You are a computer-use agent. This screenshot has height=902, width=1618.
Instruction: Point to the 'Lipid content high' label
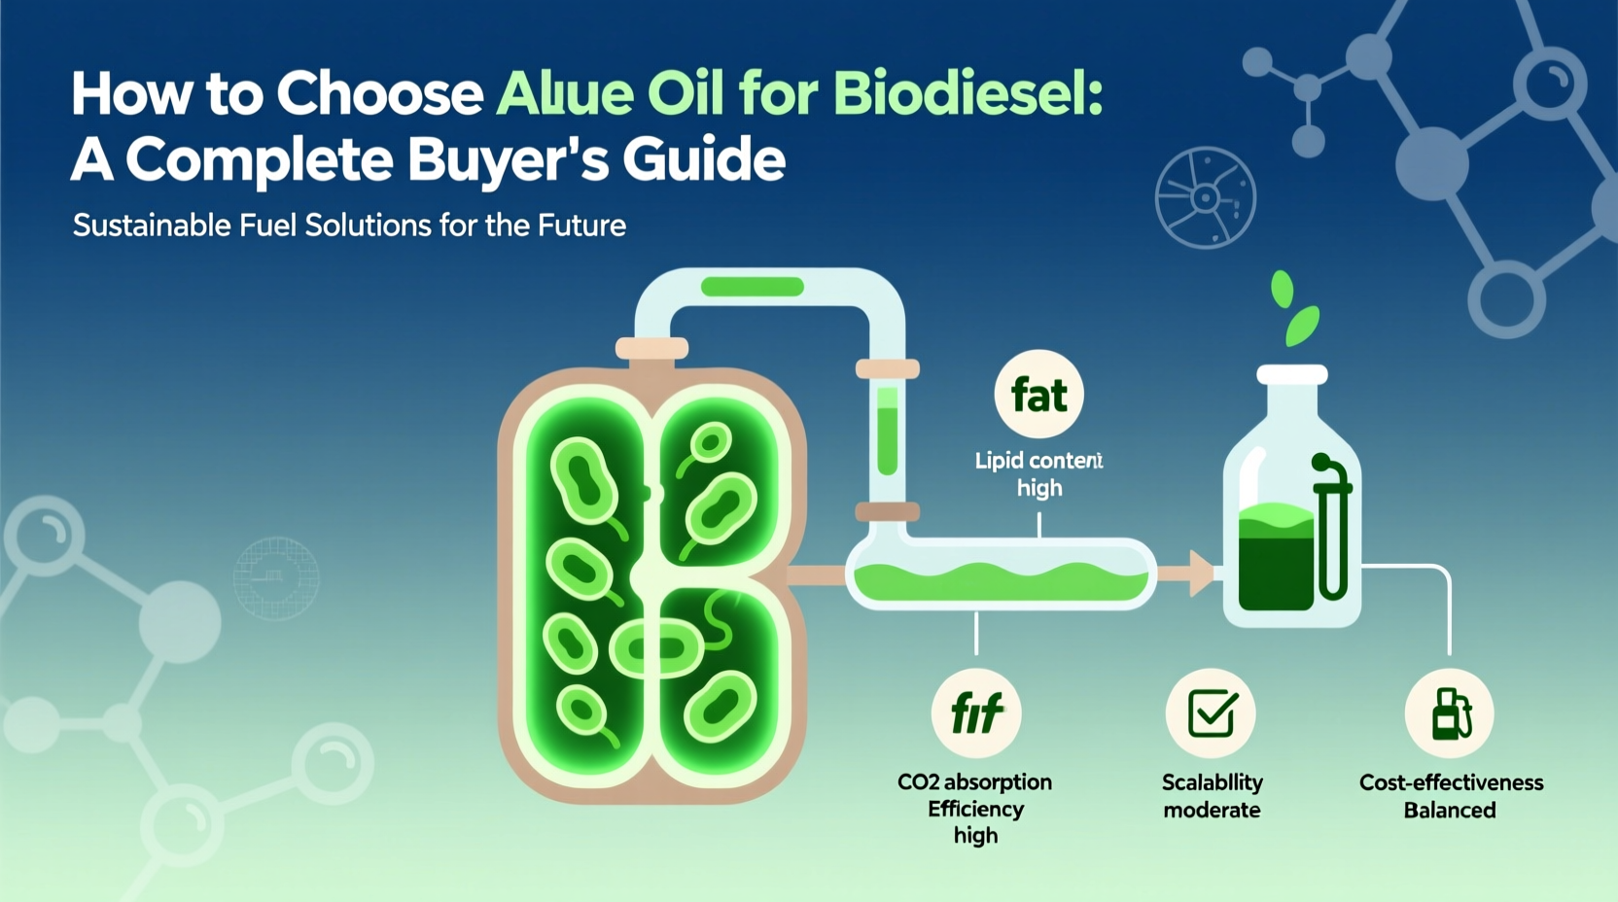coord(1038,473)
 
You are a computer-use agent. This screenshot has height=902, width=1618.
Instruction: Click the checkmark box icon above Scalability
coord(1212,714)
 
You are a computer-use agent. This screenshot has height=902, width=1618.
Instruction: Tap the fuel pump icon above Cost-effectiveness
coord(1450,714)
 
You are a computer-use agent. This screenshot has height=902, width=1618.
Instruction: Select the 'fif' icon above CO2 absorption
coord(976,714)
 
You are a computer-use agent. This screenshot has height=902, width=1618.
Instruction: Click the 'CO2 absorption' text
coord(974,782)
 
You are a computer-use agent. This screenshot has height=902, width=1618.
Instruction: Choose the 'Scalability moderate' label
coord(1212,796)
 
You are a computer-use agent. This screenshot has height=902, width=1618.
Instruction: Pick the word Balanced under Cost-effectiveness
coord(1449,811)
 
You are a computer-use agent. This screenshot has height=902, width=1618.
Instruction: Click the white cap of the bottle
coord(1291,375)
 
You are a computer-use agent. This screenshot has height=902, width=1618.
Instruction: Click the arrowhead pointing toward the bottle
coord(1202,573)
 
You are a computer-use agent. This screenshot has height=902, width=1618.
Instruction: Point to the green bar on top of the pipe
coord(752,287)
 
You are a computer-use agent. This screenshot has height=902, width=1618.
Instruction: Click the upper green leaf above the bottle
coord(1283,289)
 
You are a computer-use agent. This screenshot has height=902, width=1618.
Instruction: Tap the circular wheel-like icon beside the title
coord(1205,198)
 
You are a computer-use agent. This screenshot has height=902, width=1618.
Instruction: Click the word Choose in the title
coord(380,94)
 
